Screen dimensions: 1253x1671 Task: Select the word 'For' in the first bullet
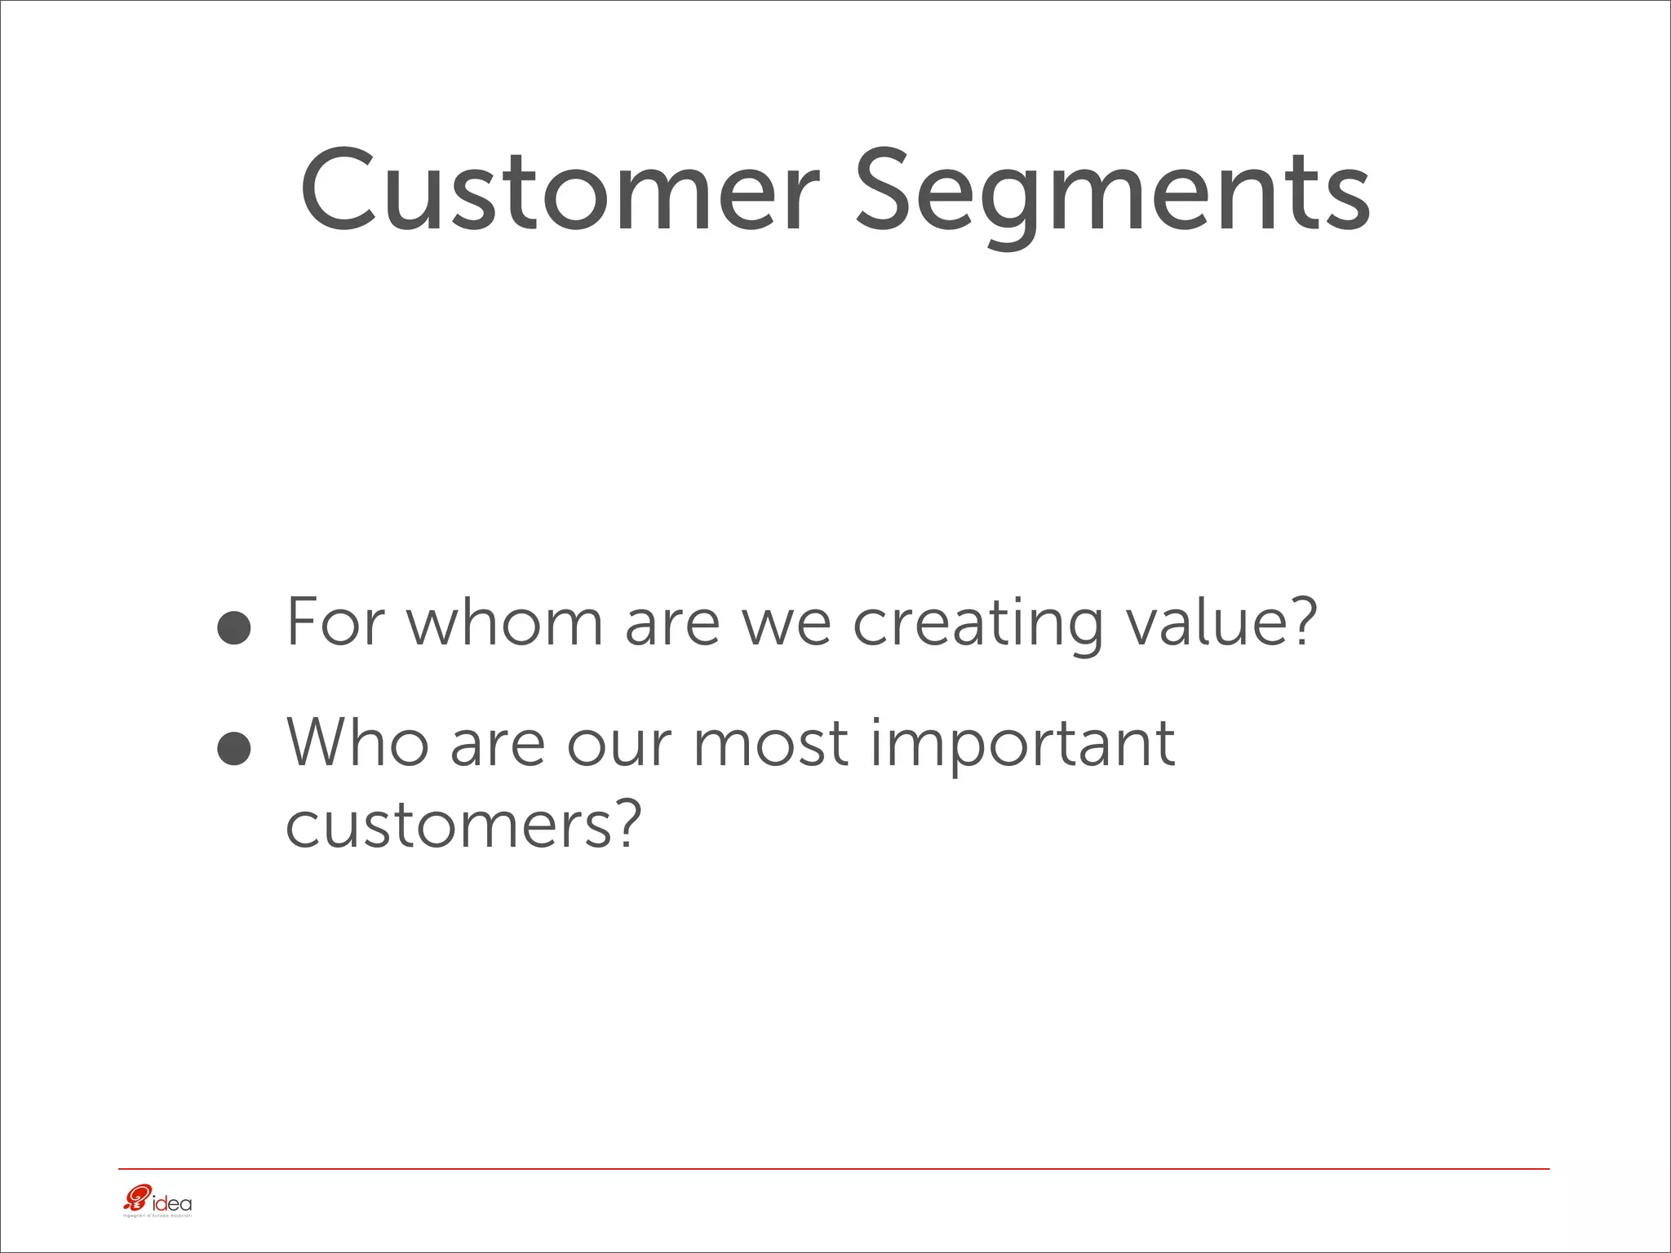pyautogui.click(x=335, y=622)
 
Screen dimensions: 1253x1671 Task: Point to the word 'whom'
pyautogui.click(x=503, y=622)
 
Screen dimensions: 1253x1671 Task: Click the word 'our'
pyautogui.click(x=618, y=746)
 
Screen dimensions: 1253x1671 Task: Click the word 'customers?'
pyautogui.click(x=459, y=825)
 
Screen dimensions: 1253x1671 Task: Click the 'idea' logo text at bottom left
pyautogui.click(x=172, y=1203)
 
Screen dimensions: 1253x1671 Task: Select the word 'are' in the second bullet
pyautogui.click(x=497, y=746)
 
